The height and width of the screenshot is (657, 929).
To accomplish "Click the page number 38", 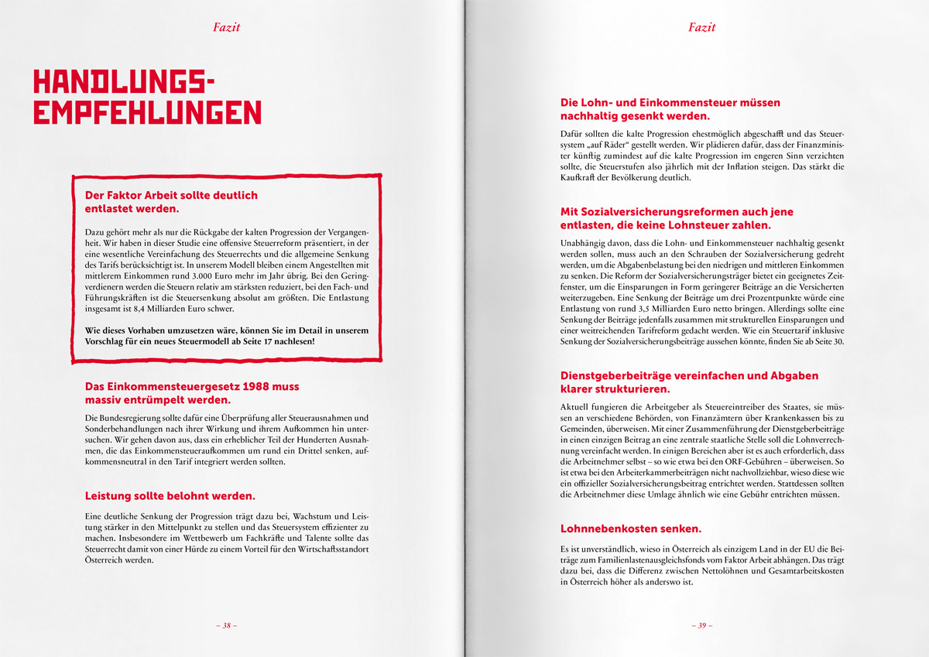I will [x=226, y=625].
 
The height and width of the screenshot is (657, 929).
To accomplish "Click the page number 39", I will [x=701, y=625].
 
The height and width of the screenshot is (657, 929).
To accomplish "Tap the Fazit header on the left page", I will [x=226, y=27].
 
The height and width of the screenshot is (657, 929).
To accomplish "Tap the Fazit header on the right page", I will [x=701, y=27].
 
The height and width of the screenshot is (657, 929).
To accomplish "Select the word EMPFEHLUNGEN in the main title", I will [x=148, y=112].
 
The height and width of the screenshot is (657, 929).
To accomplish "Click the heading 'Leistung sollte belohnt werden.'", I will [x=170, y=495].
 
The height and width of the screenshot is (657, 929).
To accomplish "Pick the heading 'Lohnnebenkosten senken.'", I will [x=631, y=529].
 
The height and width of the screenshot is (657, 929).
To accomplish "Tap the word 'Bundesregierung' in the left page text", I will [x=133, y=418].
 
